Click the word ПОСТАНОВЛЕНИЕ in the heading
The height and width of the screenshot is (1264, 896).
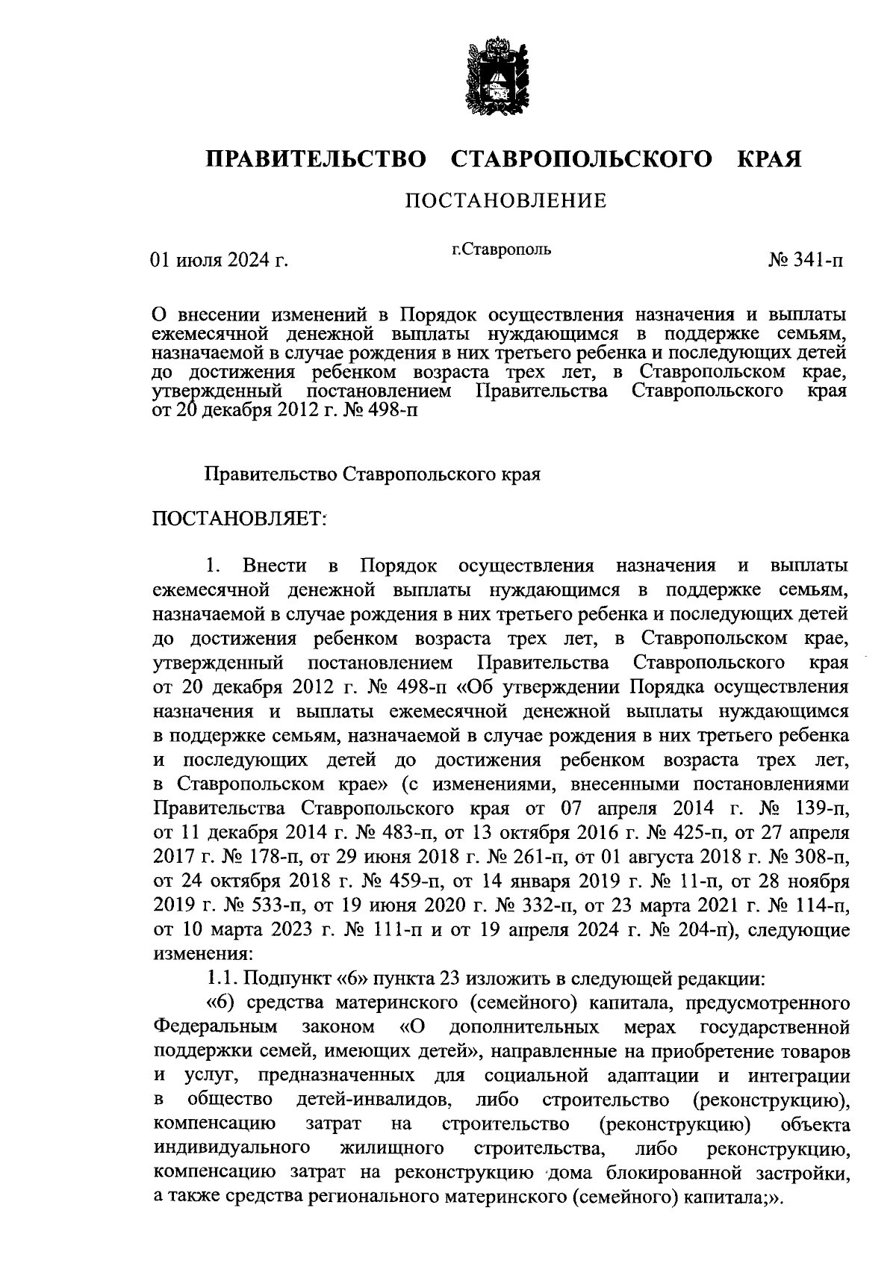(x=505, y=201)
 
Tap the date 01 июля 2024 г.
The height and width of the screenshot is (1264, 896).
(x=220, y=261)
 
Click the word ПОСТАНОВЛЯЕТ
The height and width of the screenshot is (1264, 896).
(x=240, y=518)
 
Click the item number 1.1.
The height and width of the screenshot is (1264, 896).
(x=222, y=979)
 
